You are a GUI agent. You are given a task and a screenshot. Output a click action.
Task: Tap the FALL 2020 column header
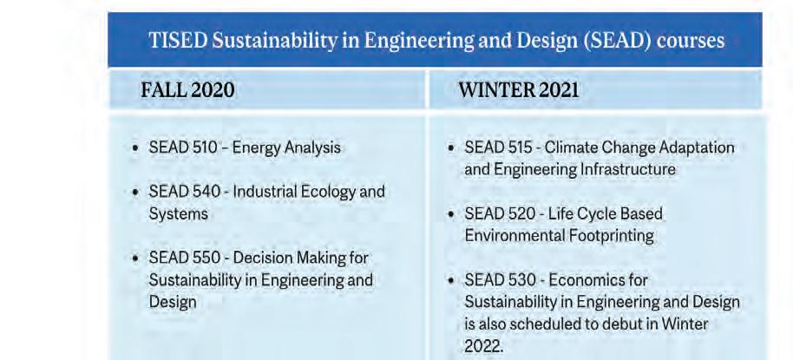pos(187,90)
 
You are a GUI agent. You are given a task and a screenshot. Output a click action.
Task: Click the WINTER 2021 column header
pos(518,90)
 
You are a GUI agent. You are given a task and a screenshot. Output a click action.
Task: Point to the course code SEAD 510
pos(183,147)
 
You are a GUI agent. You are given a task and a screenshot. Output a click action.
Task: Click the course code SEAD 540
pos(185,192)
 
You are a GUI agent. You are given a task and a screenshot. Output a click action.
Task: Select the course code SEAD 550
pos(185,258)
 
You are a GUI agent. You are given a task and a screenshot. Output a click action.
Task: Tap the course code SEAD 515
pos(498,147)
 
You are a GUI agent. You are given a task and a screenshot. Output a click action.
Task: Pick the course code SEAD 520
pos(500,214)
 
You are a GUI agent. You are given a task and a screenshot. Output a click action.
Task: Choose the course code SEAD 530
pos(500,279)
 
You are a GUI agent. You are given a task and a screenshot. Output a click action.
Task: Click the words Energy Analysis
pos(286,148)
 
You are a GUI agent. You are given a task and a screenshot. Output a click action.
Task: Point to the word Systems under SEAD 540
pos(178,214)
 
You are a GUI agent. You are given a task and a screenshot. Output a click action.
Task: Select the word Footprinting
pos(603,236)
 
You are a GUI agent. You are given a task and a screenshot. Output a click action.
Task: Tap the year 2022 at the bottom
pos(483,346)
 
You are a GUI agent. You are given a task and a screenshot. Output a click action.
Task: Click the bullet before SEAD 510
pos(135,148)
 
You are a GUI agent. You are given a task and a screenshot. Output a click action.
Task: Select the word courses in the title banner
pos(691,41)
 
